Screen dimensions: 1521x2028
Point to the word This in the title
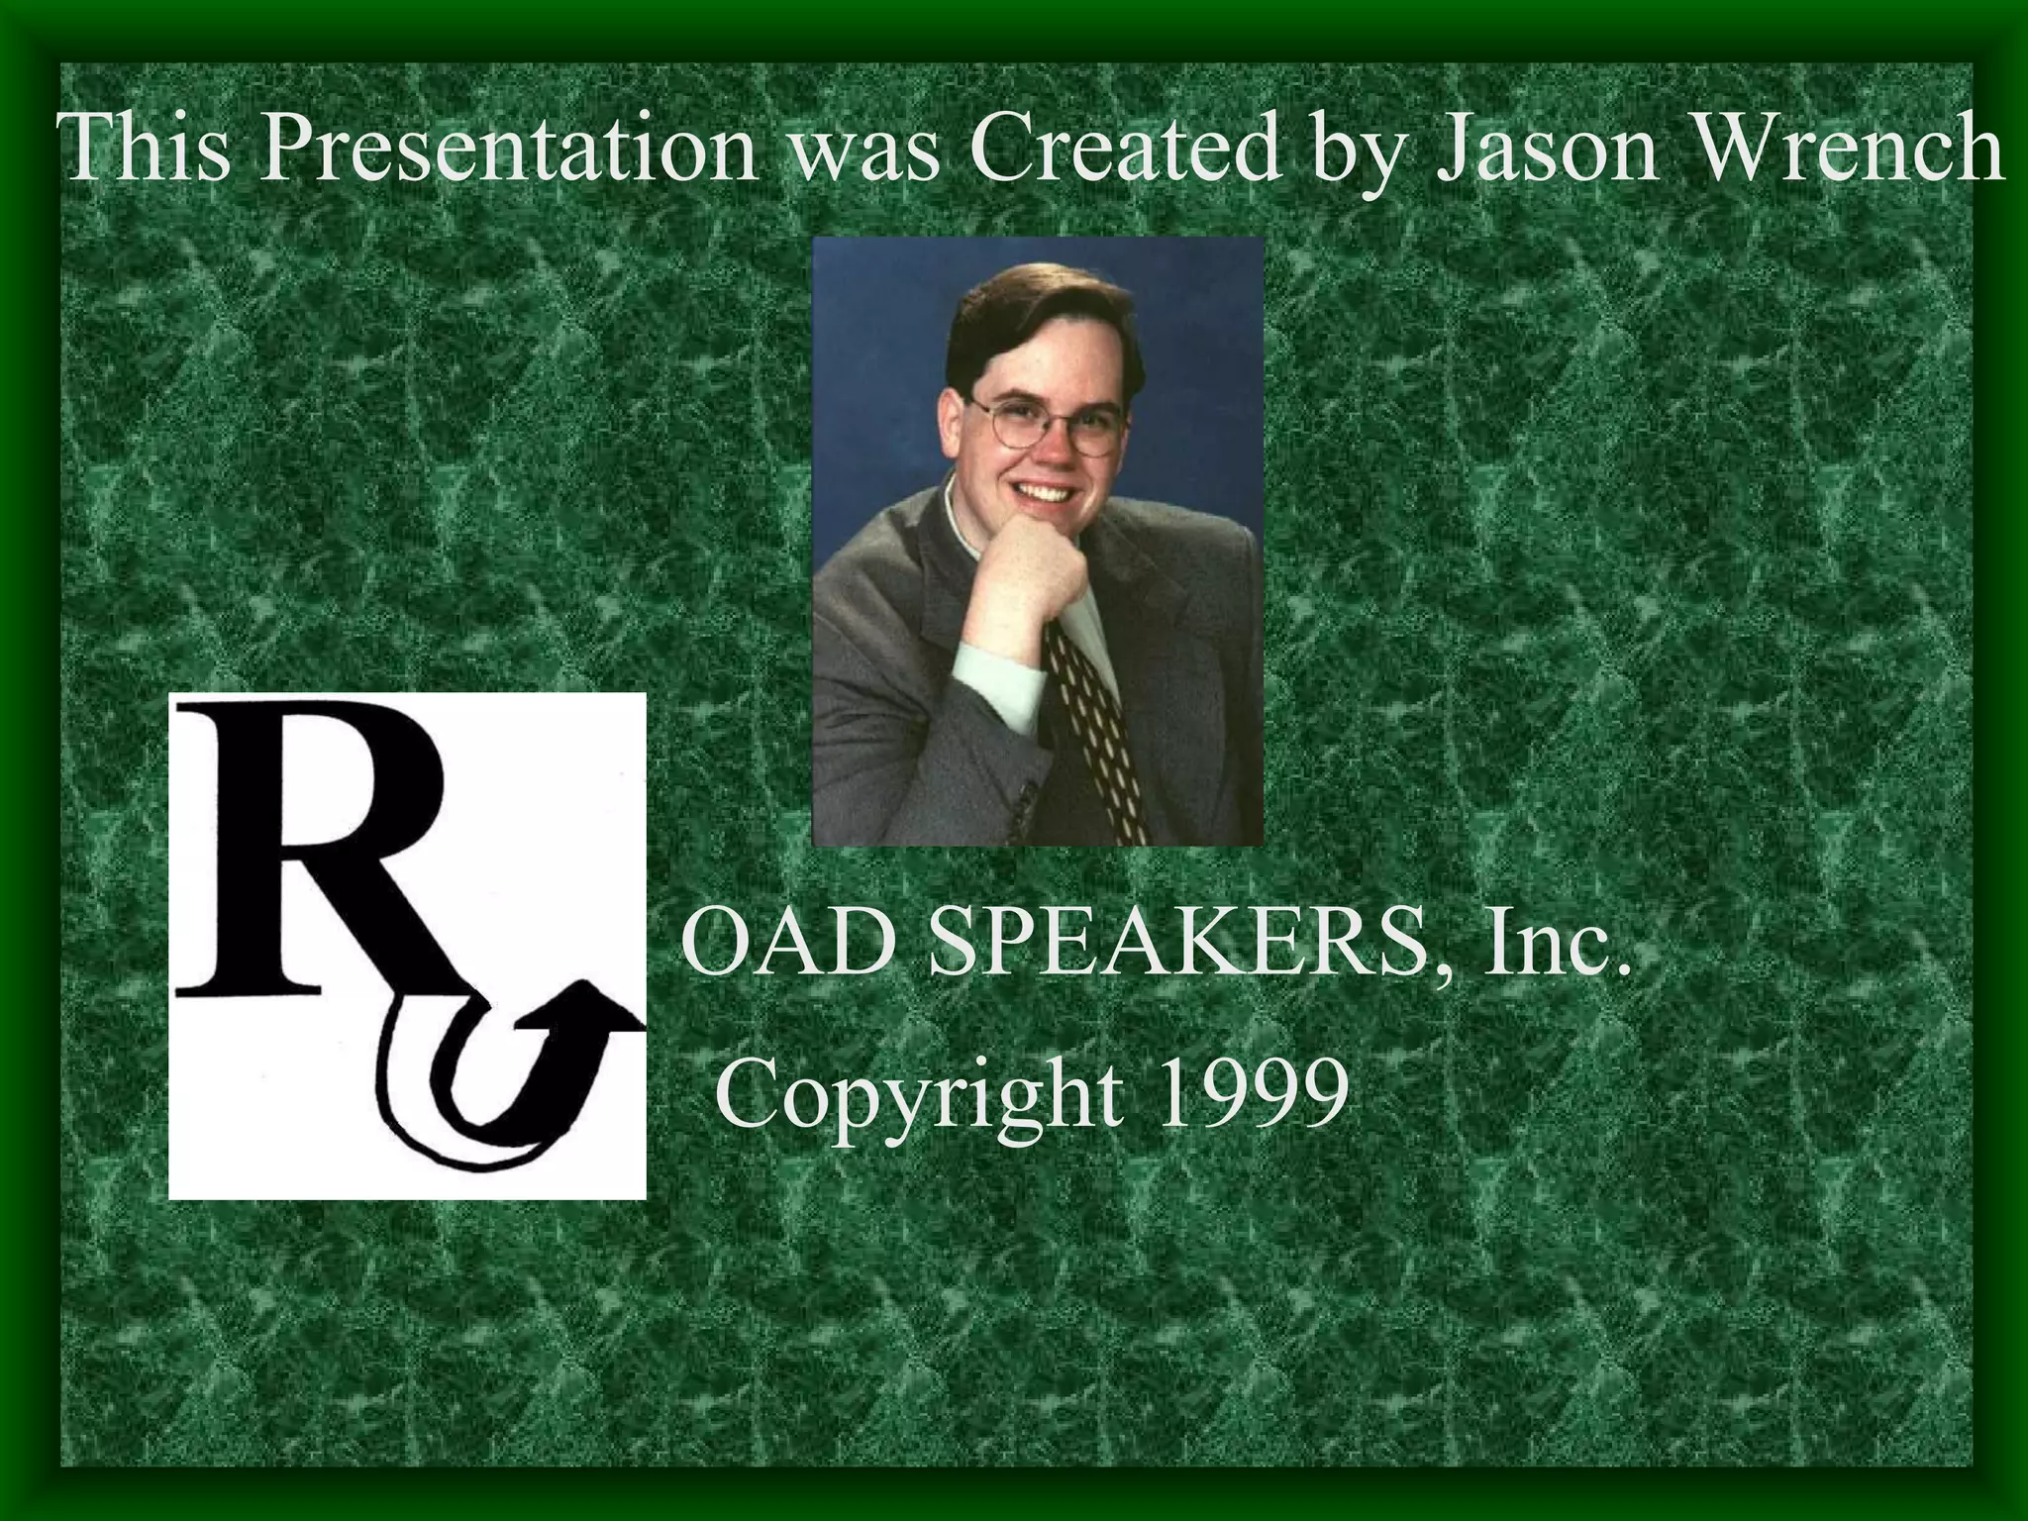point(144,149)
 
